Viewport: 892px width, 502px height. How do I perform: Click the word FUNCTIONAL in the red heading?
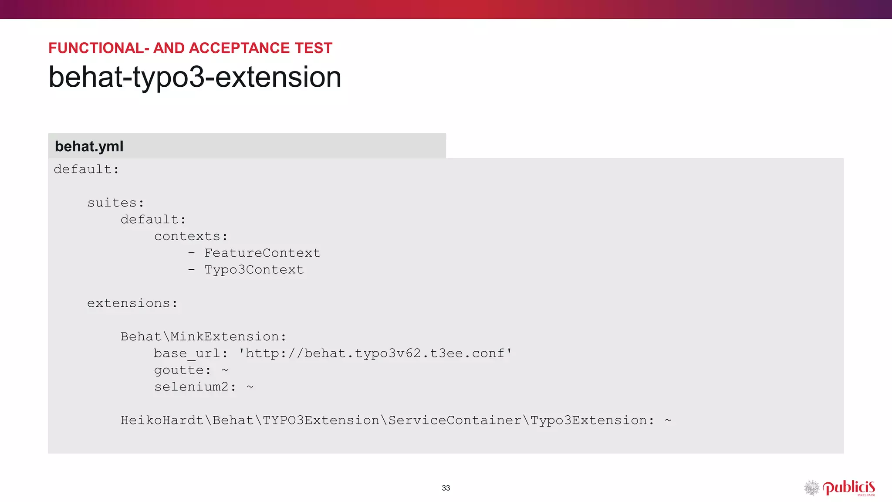pos(96,48)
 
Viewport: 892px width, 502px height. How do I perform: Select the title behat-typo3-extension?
pos(195,77)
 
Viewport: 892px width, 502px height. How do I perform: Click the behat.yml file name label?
pos(89,146)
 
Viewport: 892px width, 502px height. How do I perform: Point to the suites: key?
pos(115,203)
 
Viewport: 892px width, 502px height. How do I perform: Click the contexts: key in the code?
pos(191,237)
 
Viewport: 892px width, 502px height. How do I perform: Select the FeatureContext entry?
pos(262,253)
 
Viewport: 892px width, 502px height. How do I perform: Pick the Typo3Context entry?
pos(254,270)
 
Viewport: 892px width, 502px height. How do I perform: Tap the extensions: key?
pos(132,303)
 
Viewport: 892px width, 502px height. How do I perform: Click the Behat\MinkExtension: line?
pos(203,337)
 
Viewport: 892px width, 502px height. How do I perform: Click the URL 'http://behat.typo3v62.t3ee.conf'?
pos(375,353)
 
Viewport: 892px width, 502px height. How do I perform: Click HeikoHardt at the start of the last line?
pos(162,421)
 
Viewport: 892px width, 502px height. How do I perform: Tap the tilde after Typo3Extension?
pos(668,421)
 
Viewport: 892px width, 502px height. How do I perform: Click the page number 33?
pos(446,488)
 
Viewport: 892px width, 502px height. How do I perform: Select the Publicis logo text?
pos(848,487)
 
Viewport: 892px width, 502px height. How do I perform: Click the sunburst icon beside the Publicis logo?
pos(811,488)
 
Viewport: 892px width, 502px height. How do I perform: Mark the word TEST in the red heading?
pos(314,48)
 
